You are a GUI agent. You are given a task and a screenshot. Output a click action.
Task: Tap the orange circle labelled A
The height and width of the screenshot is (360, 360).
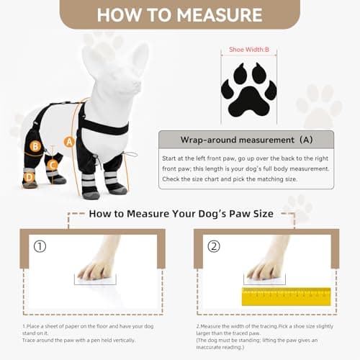[70, 142]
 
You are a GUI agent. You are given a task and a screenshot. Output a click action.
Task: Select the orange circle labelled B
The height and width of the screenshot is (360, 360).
[35, 146]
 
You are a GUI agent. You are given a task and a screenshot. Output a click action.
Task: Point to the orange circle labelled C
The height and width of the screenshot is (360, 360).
[53, 164]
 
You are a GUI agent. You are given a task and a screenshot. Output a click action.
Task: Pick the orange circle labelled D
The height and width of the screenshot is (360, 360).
[30, 176]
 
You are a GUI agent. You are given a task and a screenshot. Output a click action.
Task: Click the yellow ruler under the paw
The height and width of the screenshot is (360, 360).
[287, 295]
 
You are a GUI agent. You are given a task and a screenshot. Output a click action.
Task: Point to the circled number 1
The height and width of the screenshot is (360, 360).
[40, 246]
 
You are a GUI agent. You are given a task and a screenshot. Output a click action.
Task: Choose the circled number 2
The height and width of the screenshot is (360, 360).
[213, 246]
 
